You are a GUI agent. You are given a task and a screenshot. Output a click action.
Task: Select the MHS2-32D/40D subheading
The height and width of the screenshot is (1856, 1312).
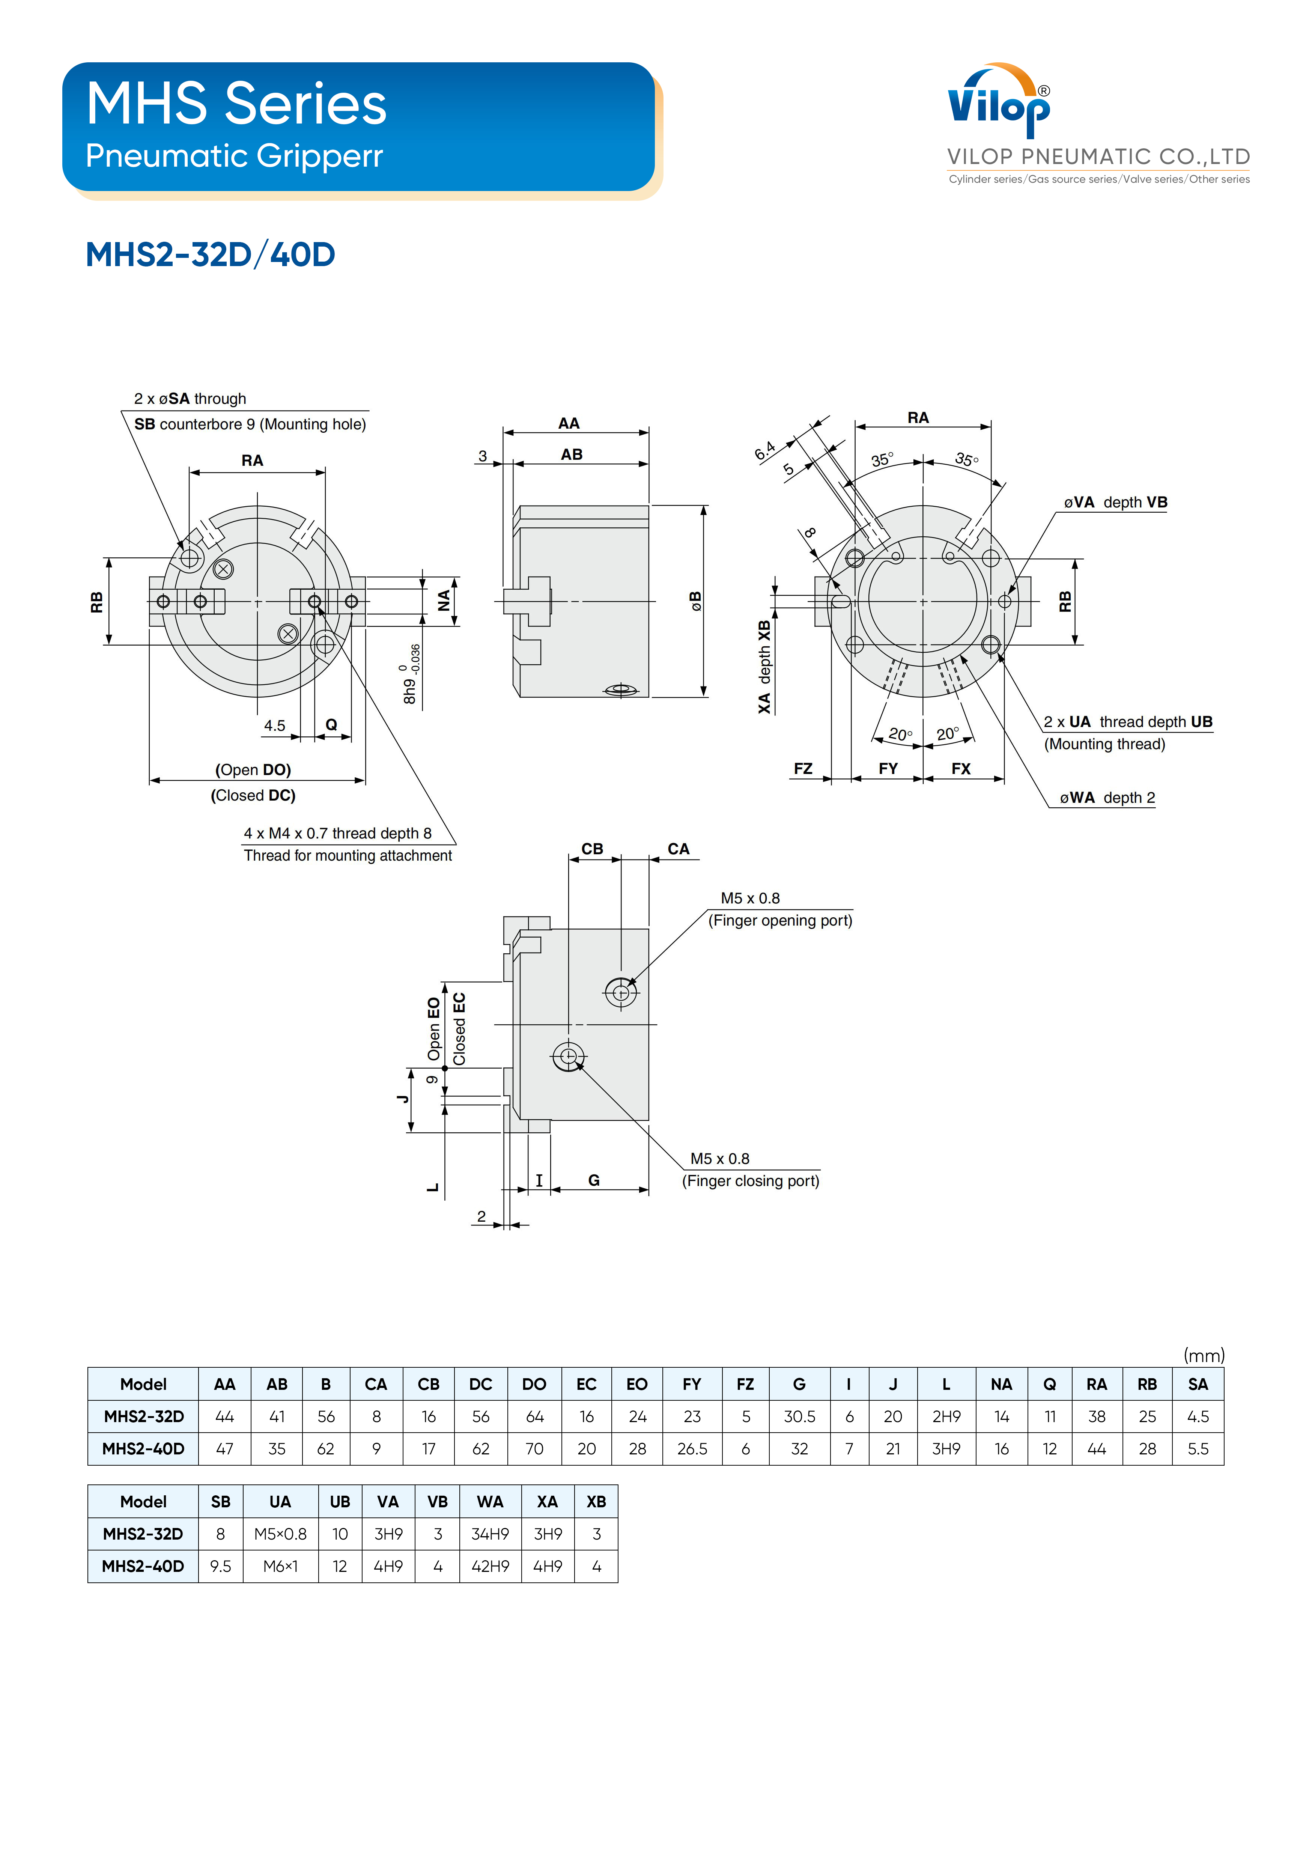coord(210,254)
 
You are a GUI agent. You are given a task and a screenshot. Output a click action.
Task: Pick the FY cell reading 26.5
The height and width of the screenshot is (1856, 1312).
coord(692,1449)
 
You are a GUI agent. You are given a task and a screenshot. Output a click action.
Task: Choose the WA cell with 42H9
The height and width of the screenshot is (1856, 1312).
coord(490,1566)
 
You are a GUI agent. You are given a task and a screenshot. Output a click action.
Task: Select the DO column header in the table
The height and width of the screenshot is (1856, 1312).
coord(534,1384)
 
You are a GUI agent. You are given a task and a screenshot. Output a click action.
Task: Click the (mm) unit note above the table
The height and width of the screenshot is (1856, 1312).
coord(1204,1355)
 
